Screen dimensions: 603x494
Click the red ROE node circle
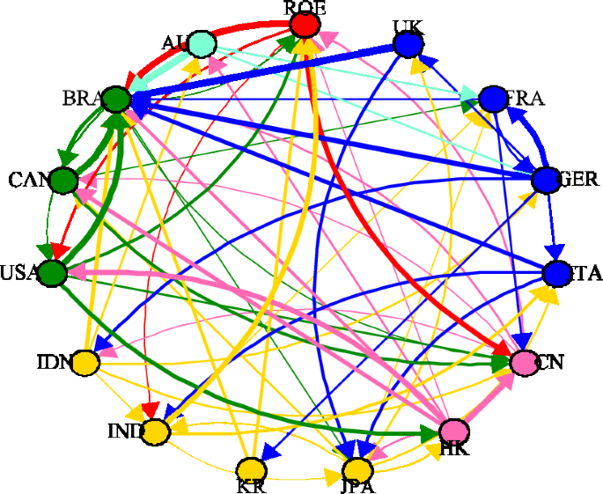tap(304, 24)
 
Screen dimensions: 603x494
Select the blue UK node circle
tap(407, 43)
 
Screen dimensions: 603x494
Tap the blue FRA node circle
tap(493, 98)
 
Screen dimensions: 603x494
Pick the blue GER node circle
tap(545, 180)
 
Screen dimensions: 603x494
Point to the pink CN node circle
tap(524, 361)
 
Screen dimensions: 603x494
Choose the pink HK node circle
tap(454, 431)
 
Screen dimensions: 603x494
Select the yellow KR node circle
tap(252, 469)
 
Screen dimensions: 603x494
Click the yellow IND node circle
tap(155, 431)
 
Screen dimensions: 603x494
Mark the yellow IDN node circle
tap(85, 361)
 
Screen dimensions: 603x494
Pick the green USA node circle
tap(53, 273)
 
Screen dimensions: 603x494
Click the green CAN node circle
tap(63, 181)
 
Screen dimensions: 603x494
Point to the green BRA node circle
tap(115, 99)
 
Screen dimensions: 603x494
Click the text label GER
tap(578, 180)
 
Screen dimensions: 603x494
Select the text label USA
tap(19, 272)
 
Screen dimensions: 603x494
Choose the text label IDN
tap(54, 362)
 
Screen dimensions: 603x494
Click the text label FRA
tap(526, 98)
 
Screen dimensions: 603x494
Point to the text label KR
tap(252, 485)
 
